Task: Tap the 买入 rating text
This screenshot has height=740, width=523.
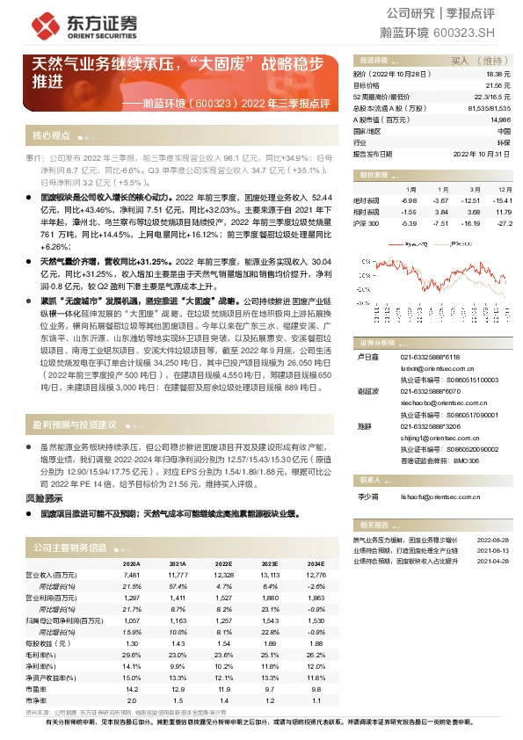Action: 461,61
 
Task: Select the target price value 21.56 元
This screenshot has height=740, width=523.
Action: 498,86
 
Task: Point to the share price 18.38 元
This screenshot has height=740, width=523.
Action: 498,76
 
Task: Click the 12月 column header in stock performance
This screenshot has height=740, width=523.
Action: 505,189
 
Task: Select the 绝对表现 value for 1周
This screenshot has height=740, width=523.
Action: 410,200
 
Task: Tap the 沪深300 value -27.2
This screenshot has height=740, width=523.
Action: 505,223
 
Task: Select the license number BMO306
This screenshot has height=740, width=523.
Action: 466,460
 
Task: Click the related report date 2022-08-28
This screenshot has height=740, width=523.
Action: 493,540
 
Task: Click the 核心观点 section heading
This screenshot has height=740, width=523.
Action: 51,135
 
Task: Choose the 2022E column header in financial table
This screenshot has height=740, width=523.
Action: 223,564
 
